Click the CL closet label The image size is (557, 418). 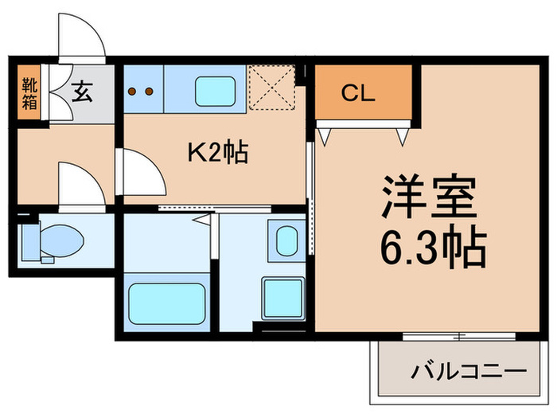click(358, 94)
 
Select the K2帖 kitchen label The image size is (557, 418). click(217, 151)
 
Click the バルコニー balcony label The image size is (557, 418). click(469, 371)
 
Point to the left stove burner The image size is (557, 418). click(132, 91)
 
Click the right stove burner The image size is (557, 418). click(149, 91)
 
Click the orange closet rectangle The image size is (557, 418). click(364, 92)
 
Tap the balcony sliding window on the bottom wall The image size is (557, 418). click(458, 336)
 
